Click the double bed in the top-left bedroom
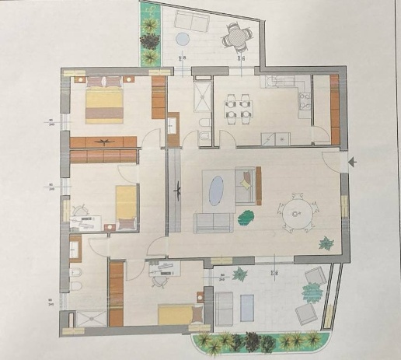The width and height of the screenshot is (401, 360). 103,103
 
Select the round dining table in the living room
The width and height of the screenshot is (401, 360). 295,210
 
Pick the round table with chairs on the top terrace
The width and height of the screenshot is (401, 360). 235,33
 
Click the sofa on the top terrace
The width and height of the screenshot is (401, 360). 188,20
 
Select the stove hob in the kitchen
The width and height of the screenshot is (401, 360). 305,100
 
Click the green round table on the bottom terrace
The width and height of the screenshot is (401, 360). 312,292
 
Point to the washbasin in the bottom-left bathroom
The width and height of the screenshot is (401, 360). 75,249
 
